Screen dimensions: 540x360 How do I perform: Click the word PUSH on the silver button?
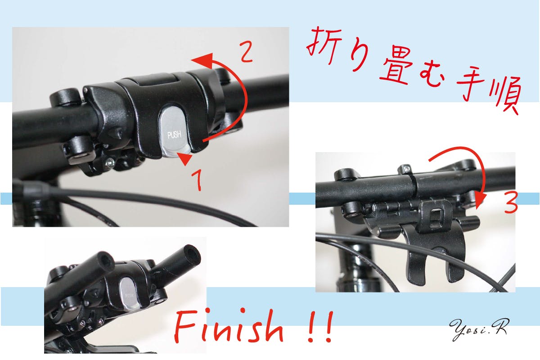pos(174,135)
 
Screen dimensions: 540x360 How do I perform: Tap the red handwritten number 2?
pos(246,52)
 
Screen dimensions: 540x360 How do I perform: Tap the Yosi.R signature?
pos(478,329)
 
